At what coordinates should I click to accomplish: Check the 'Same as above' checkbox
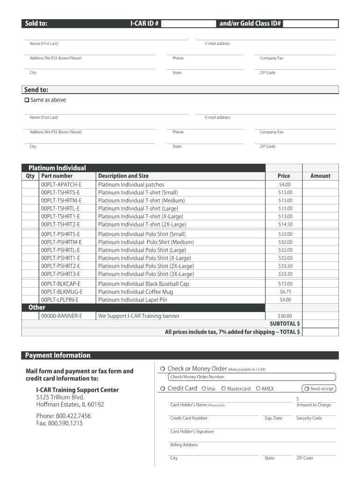click(x=27, y=100)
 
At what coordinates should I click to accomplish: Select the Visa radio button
click(x=204, y=389)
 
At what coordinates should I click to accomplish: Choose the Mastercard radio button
click(x=223, y=389)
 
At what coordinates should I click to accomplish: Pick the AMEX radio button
click(x=258, y=389)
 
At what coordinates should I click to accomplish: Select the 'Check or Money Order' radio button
click(x=162, y=369)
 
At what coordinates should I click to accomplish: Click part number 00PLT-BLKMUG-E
click(x=62, y=292)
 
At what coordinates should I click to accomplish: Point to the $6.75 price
click(x=285, y=292)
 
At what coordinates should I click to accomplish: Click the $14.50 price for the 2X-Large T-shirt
click(x=285, y=225)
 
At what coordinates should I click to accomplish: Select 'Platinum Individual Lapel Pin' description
click(x=132, y=300)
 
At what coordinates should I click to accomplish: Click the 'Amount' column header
click(x=320, y=176)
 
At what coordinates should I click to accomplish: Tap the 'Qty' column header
click(x=30, y=176)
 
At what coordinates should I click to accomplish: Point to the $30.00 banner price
click(x=285, y=316)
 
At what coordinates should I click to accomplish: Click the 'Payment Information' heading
click(x=58, y=356)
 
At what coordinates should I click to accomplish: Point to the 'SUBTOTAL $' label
click(x=285, y=324)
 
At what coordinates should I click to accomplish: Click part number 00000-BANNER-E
click(x=62, y=316)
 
